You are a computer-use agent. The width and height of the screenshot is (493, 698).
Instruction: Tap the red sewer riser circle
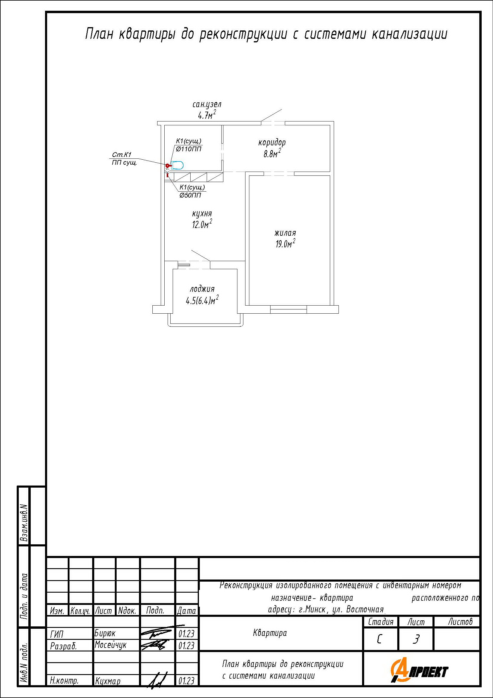pos(167,165)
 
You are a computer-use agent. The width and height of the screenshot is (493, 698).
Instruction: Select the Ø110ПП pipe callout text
pos(188,149)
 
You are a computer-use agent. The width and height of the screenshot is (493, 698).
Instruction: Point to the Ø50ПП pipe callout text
pos(191,195)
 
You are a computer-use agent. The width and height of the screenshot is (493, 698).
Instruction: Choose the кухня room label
pos(202,214)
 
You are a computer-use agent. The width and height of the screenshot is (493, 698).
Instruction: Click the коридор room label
pos(272,143)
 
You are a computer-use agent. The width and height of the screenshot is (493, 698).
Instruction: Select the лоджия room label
pos(202,289)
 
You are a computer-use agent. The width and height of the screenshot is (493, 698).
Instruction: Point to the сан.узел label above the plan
pos(207,104)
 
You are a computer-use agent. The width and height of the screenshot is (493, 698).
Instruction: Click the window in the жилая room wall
pos(288,309)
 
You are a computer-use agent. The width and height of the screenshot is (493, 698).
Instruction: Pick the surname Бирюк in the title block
pos(105,633)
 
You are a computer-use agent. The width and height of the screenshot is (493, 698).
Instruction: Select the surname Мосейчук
pos(111,645)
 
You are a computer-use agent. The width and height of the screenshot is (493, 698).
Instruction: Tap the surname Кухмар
pos(108,681)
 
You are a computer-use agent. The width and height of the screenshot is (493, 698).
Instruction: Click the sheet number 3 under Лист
pos(416,640)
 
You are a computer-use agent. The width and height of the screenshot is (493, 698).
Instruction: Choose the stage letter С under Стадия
pos(379,640)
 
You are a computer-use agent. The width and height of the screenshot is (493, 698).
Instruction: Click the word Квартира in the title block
pos(270,633)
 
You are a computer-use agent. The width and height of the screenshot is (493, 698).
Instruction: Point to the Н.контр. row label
pos(64,681)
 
